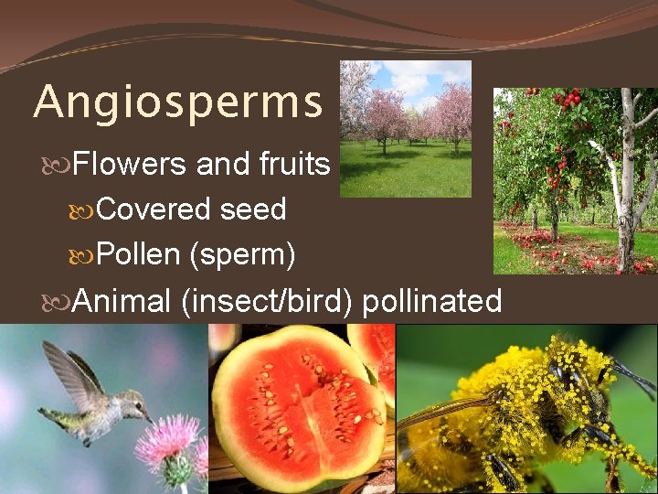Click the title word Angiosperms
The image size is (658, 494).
coord(178,102)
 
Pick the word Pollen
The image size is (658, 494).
coord(137,255)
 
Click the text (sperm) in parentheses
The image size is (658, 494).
coord(241,255)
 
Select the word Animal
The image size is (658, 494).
coord(122,301)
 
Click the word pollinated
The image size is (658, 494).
coord(431,301)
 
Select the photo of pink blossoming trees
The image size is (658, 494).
coord(405,128)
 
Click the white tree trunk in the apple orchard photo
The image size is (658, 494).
coord(627,183)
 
